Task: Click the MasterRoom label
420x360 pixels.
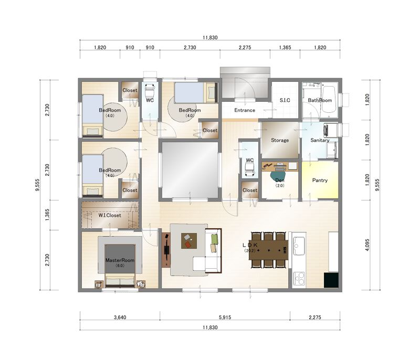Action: click(120, 260)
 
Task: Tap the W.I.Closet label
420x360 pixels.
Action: click(110, 215)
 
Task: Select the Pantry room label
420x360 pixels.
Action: click(320, 180)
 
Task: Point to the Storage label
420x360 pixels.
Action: click(280, 140)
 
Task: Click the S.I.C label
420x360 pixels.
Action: click(285, 100)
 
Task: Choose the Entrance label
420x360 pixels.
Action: click(245, 110)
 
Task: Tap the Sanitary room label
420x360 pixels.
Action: click(320, 140)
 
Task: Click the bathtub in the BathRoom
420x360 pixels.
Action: click(329, 99)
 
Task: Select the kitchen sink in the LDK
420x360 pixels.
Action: click(299, 246)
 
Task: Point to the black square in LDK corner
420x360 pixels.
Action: click(331, 280)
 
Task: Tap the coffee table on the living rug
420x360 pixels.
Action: click(189, 241)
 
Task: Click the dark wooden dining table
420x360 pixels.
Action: click(268, 250)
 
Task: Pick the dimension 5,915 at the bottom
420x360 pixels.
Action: click(225, 317)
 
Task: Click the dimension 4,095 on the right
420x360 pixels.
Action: click(367, 245)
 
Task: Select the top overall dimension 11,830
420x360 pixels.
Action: click(210, 37)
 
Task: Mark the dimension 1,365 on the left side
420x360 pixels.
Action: click(47, 215)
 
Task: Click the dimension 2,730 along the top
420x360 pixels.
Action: click(190, 47)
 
